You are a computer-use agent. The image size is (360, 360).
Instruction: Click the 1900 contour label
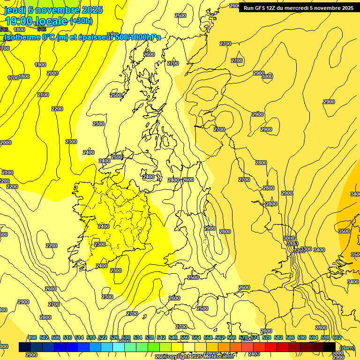coord(40,65)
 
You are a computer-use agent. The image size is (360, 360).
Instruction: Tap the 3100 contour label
coord(292,244)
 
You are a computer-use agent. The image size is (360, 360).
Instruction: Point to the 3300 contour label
coord(306,249)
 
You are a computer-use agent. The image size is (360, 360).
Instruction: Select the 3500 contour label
coord(344,231)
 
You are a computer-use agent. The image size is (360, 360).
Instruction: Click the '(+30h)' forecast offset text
coord(81,21)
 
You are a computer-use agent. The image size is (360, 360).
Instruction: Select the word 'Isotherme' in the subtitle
coord(22,37)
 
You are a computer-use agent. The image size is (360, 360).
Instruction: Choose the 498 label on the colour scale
coord(32,337)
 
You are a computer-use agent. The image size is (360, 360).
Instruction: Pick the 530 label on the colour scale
coord(126,337)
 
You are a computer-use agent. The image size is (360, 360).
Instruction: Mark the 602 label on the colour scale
coord(337,337)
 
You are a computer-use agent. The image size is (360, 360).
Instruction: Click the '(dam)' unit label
coord(347,347)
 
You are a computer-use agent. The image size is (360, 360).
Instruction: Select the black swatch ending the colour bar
coord(329,347)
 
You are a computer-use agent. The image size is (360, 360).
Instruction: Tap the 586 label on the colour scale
coord(290,337)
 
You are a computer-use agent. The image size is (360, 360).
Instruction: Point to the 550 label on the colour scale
coord(185,337)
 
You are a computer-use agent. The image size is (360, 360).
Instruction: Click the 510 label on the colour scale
coord(67,337)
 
